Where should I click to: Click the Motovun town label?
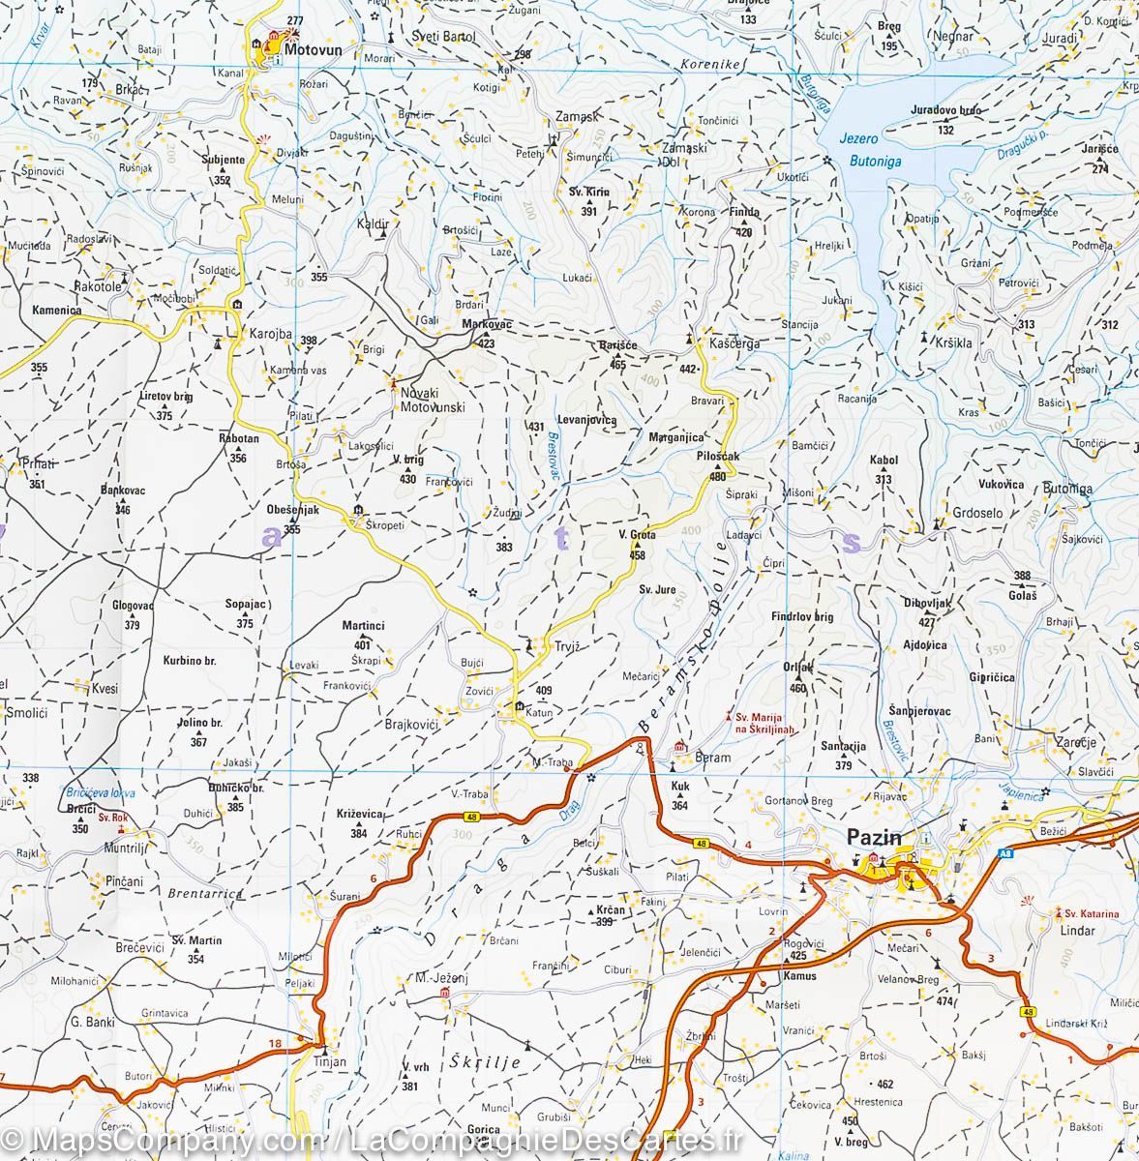click(x=311, y=44)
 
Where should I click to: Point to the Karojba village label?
click(x=271, y=334)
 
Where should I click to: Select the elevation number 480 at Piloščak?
click(x=717, y=476)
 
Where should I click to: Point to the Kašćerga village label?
click(x=734, y=343)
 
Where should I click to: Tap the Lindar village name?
click(x=1077, y=931)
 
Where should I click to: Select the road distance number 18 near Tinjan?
click(x=278, y=1042)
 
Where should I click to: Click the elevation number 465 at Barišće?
click(x=617, y=365)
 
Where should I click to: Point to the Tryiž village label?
click(x=565, y=646)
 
